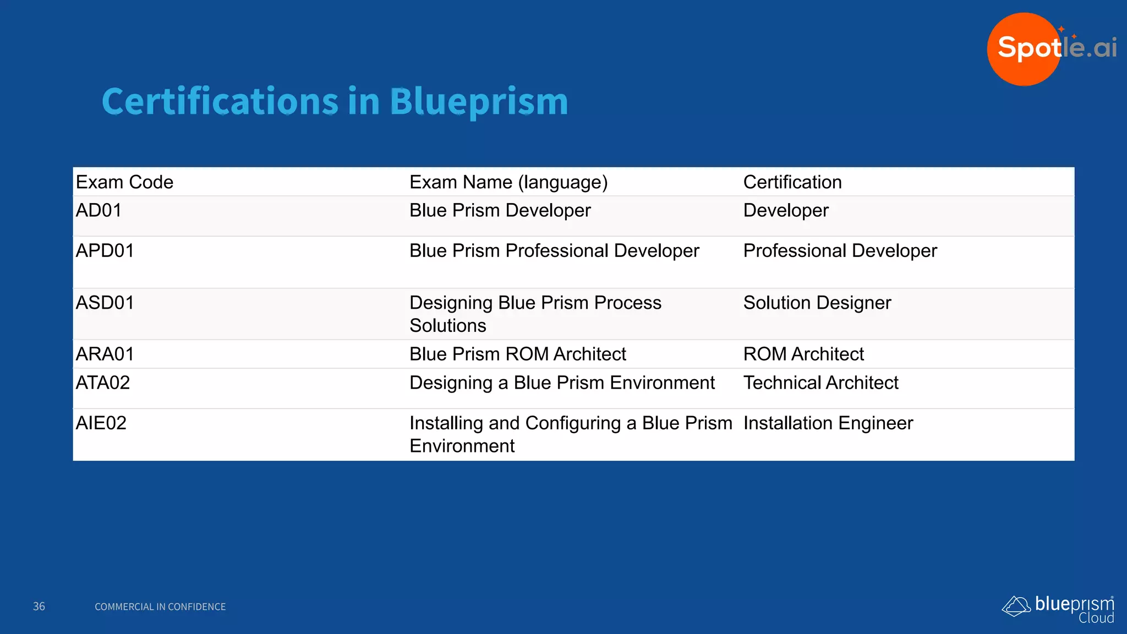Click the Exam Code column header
point(124,182)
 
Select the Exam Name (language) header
point(508,182)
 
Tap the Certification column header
point(792,182)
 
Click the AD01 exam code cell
point(99,210)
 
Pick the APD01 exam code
point(105,251)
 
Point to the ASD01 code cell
point(105,303)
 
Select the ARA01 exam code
point(105,354)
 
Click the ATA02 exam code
point(103,382)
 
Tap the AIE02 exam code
point(101,423)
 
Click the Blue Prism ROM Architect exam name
point(518,354)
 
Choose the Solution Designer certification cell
point(817,303)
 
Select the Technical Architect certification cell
point(820,382)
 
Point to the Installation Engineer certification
point(828,423)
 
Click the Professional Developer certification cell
point(840,251)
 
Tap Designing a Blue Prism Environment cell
point(562,382)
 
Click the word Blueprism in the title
point(479,102)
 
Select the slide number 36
point(39,606)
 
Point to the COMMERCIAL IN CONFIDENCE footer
point(160,606)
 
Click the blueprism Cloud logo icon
point(1016,606)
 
